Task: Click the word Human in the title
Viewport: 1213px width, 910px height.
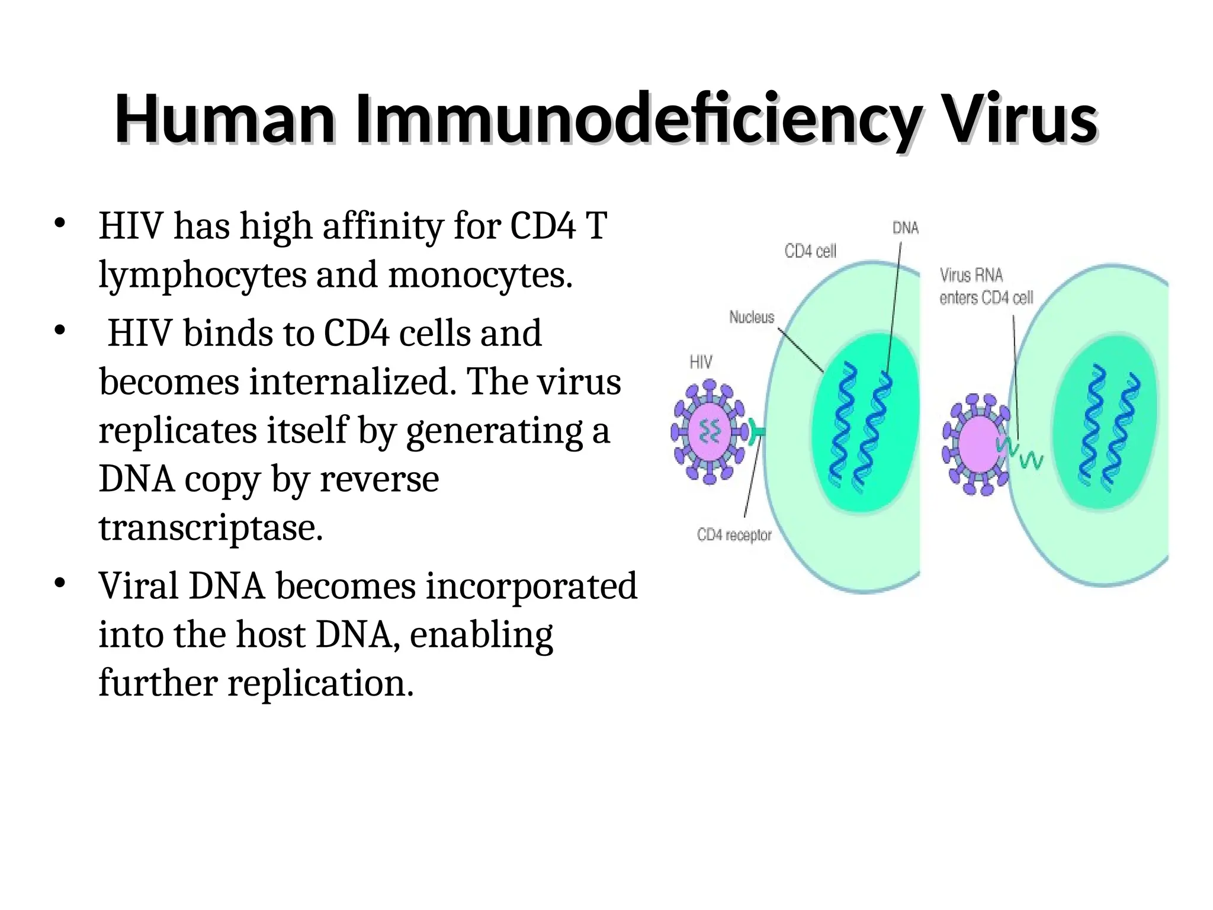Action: pos(225,120)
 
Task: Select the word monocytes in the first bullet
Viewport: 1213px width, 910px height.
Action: pos(480,276)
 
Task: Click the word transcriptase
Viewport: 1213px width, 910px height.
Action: pos(210,528)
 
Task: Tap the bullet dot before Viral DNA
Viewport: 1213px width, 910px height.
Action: pos(59,584)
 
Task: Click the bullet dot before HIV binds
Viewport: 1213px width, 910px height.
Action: pos(59,331)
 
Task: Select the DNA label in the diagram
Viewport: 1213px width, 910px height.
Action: pos(905,228)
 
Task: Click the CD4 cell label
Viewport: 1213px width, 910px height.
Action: pos(810,252)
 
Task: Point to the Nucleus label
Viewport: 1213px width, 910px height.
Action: pos(751,318)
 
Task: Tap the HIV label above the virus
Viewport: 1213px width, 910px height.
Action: pos(701,362)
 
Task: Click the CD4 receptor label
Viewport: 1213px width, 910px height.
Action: pos(734,536)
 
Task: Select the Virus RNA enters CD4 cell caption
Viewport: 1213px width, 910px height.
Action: pos(986,287)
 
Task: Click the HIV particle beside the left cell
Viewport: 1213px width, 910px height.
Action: pos(708,432)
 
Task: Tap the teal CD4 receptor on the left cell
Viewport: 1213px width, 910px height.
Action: pos(756,432)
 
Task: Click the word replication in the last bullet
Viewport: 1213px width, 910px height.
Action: pos(320,683)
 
